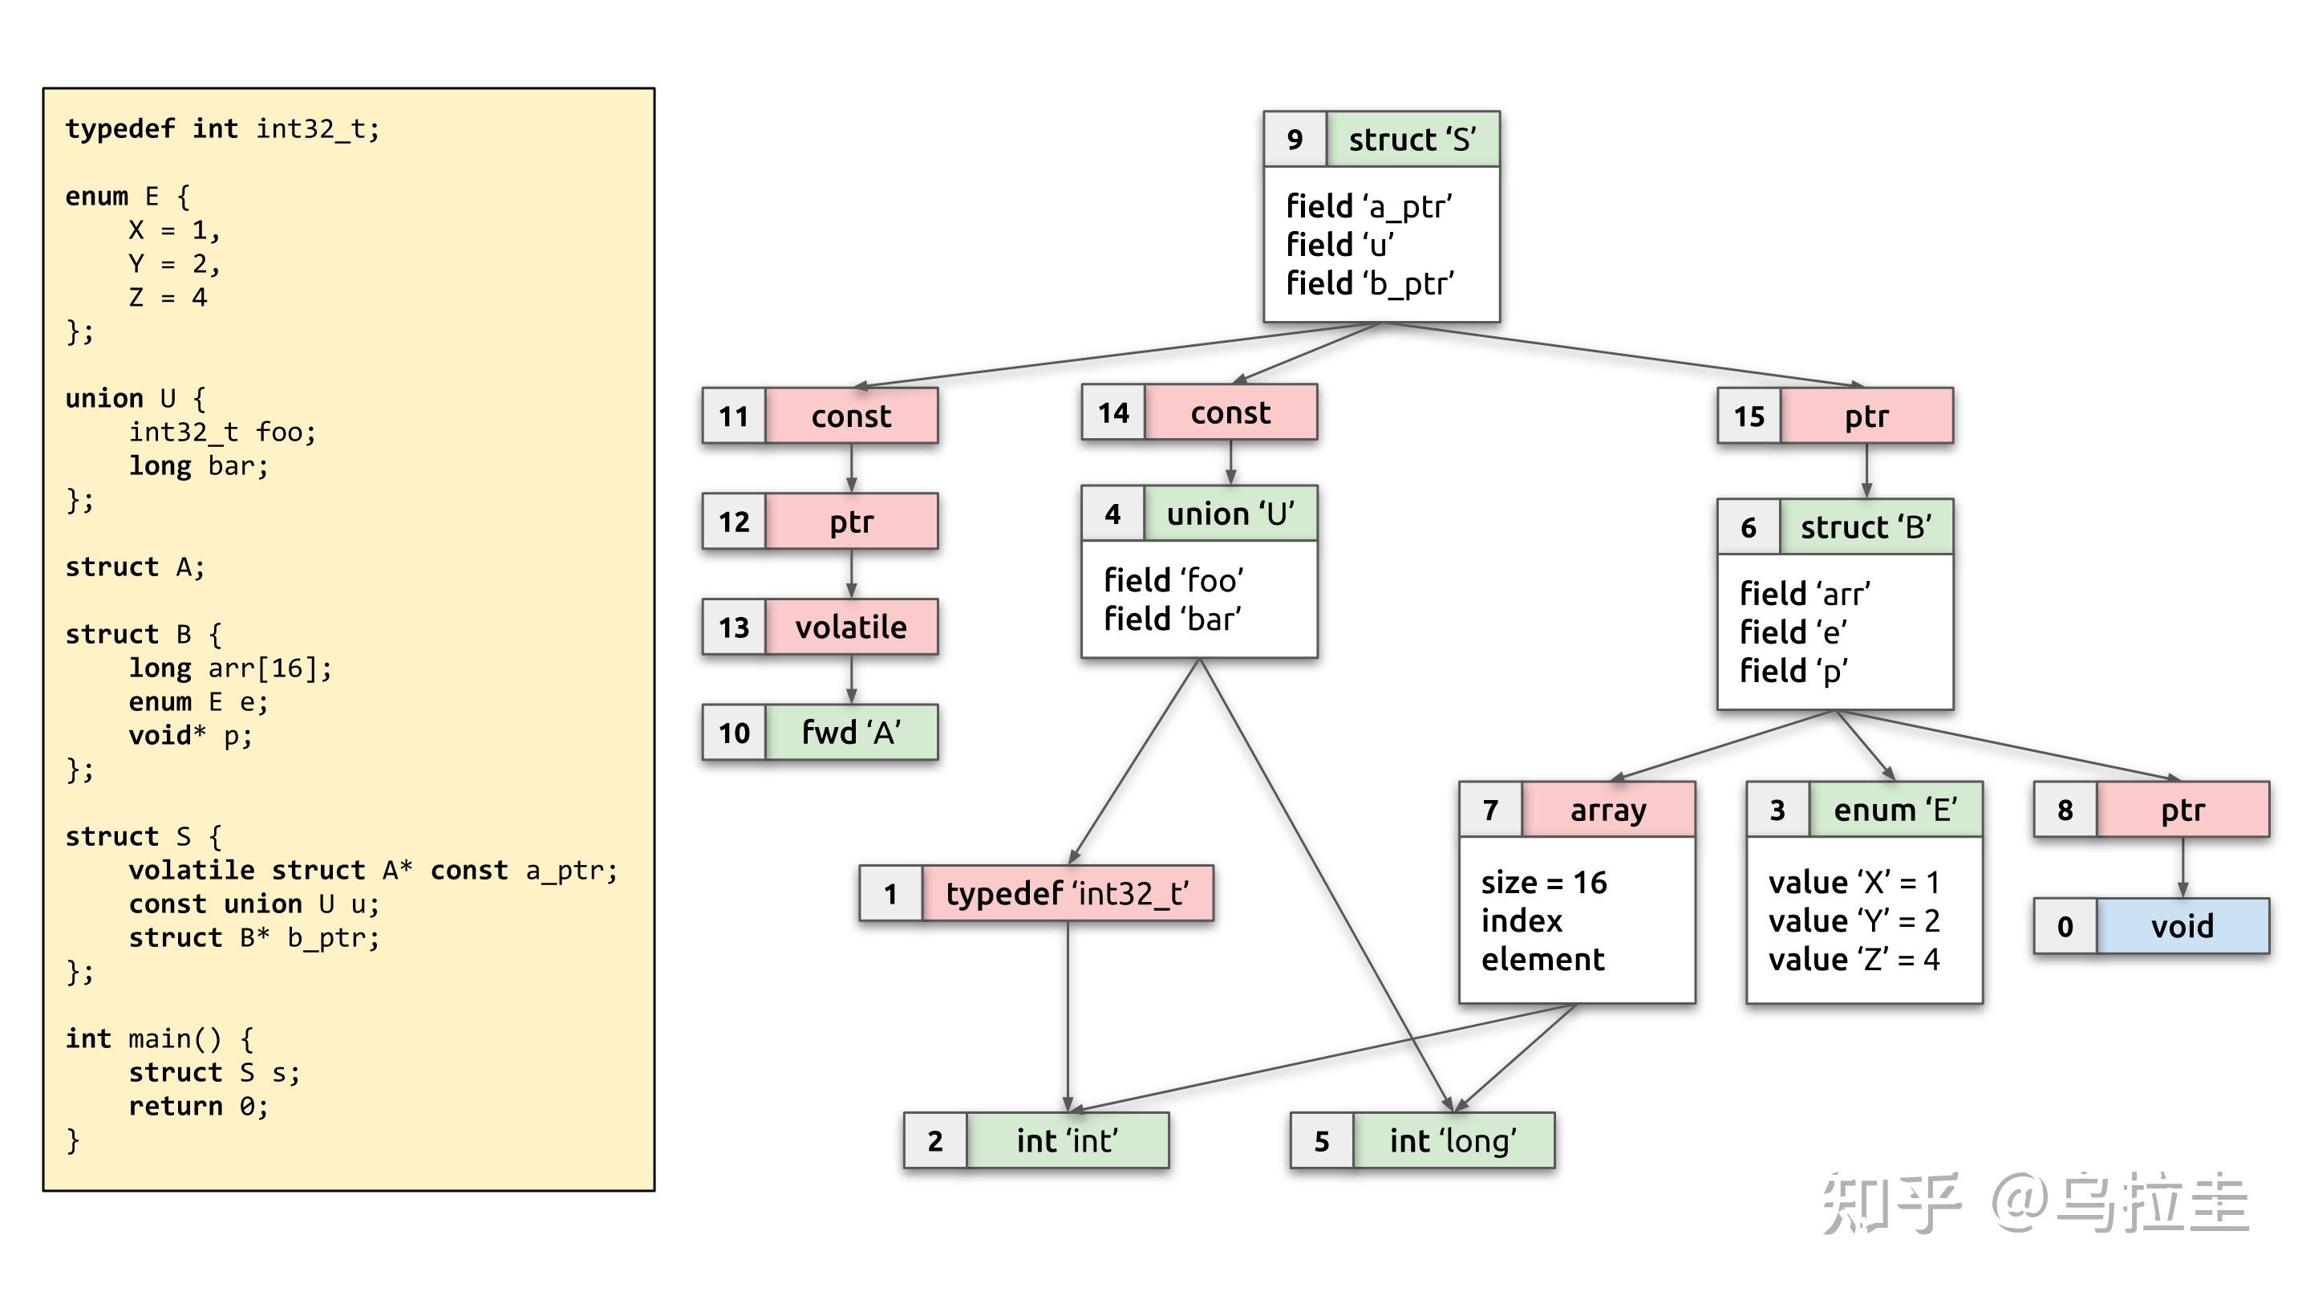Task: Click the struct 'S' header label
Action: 1412,139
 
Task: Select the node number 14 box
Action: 1114,412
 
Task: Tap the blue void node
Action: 2182,925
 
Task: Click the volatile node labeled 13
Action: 850,627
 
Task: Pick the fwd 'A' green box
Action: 850,733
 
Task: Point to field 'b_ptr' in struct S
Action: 1369,283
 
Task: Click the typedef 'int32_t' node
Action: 1066,893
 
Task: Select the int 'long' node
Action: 1453,1141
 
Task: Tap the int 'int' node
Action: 1066,1141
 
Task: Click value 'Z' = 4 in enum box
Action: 1854,960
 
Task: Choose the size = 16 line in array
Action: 1543,883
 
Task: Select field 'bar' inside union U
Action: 1172,619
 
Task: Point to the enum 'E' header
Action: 1895,810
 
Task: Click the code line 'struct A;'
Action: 135,567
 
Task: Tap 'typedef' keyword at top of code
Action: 120,129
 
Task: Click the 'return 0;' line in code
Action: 197,1106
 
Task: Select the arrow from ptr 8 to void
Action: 2182,867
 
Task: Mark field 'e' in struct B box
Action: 1793,632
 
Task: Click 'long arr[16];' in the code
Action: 229,668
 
